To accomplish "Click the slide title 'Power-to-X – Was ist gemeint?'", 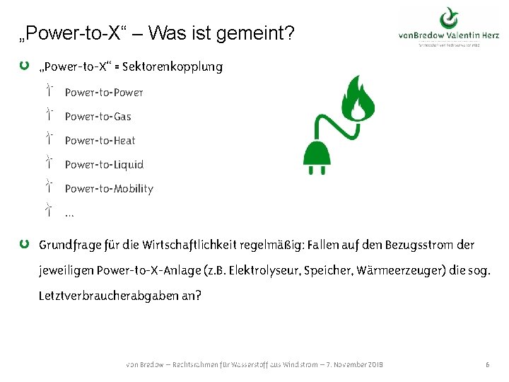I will (157, 33).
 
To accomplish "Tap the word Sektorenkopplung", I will (172, 67).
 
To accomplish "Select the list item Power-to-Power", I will (104, 93).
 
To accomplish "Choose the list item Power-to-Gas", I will (98, 117).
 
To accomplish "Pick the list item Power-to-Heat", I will (100, 141).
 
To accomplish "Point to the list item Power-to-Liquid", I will (104, 165).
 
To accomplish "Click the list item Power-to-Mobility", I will (109, 189).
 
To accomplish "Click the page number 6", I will (488, 364).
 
